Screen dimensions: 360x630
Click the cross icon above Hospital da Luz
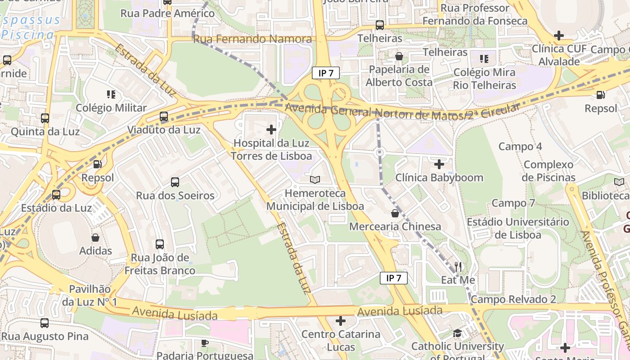(x=271, y=130)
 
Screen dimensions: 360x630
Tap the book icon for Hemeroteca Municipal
(x=315, y=180)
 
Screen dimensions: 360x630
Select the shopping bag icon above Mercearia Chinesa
(x=395, y=213)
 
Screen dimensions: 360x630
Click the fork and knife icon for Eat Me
(x=458, y=267)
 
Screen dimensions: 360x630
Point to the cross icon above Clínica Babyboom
(x=439, y=164)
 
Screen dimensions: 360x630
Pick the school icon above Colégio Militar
(x=111, y=94)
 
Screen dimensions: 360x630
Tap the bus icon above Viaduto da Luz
(x=164, y=117)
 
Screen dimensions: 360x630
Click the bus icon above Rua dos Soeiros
(x=175, y=182)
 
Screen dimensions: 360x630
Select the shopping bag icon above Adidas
(x=95, y=238)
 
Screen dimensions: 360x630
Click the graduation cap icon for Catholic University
(x=458, y=333)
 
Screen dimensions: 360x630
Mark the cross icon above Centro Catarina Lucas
(x=341, y=321)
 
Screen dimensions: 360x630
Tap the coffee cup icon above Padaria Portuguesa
(x=205, y=343)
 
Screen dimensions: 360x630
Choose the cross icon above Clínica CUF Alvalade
(x=559, y=35)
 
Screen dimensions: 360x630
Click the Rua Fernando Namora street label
(x=252, y=39)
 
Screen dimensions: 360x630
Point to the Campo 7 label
(x=513, y=203)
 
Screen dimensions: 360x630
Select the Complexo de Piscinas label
(x=549, y=171)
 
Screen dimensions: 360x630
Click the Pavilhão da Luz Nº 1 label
(x=90, y=295)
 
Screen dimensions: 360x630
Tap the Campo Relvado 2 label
(x=513, y=299)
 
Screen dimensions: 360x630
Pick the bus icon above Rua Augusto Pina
(x=45, y=323)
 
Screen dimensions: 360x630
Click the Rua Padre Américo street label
(x=168, y=13)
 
